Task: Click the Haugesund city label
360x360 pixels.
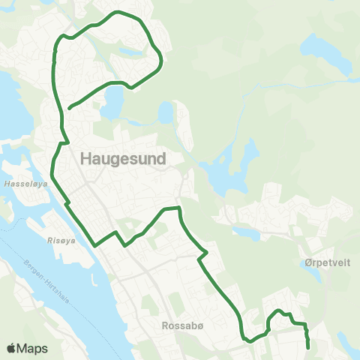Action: click(122, 158)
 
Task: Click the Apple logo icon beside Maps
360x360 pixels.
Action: click(11, 348)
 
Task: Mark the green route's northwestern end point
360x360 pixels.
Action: click(69, 108)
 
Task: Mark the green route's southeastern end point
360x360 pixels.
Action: click(309, 346)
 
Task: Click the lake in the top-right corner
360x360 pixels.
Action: click(328, 51)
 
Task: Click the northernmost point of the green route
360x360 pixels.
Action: click(116, 13)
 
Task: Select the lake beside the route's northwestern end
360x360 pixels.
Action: click(112, 101)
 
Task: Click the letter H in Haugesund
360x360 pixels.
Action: click(85, 158)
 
